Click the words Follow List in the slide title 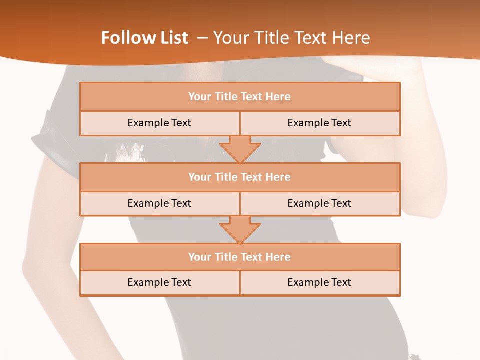145,38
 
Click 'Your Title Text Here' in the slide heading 291,38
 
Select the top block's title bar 239,97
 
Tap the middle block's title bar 239,177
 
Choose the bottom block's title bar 239,257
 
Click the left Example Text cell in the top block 159,123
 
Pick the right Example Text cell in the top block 319,123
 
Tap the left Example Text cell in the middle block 159,203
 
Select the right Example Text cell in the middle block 319,203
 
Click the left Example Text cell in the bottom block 159,282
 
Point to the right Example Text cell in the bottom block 319,282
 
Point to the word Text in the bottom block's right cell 341,282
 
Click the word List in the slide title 171,38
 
